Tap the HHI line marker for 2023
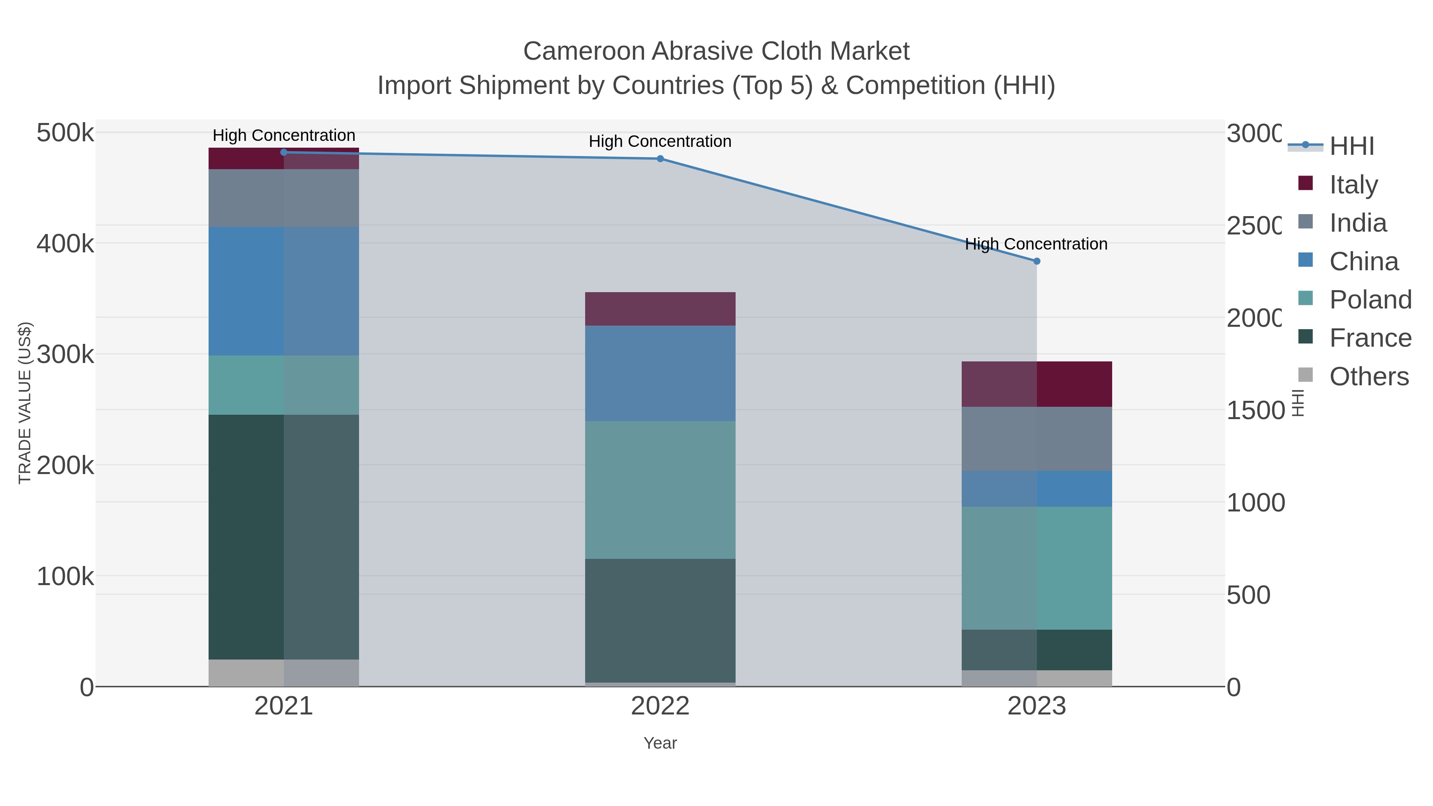(1037, 261)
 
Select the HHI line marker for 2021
(284, 152)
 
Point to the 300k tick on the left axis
(65, 354)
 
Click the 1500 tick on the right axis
(1254, 410)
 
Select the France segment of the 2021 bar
(284, 537)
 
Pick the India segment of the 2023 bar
(1037, 439)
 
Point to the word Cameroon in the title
(584, 51)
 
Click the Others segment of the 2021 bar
(284, 673)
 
